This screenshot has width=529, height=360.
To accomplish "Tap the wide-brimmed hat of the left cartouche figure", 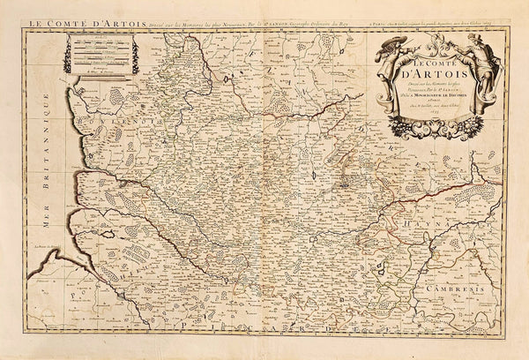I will (392, 43).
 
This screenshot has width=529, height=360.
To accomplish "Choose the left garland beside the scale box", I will (66, 55).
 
